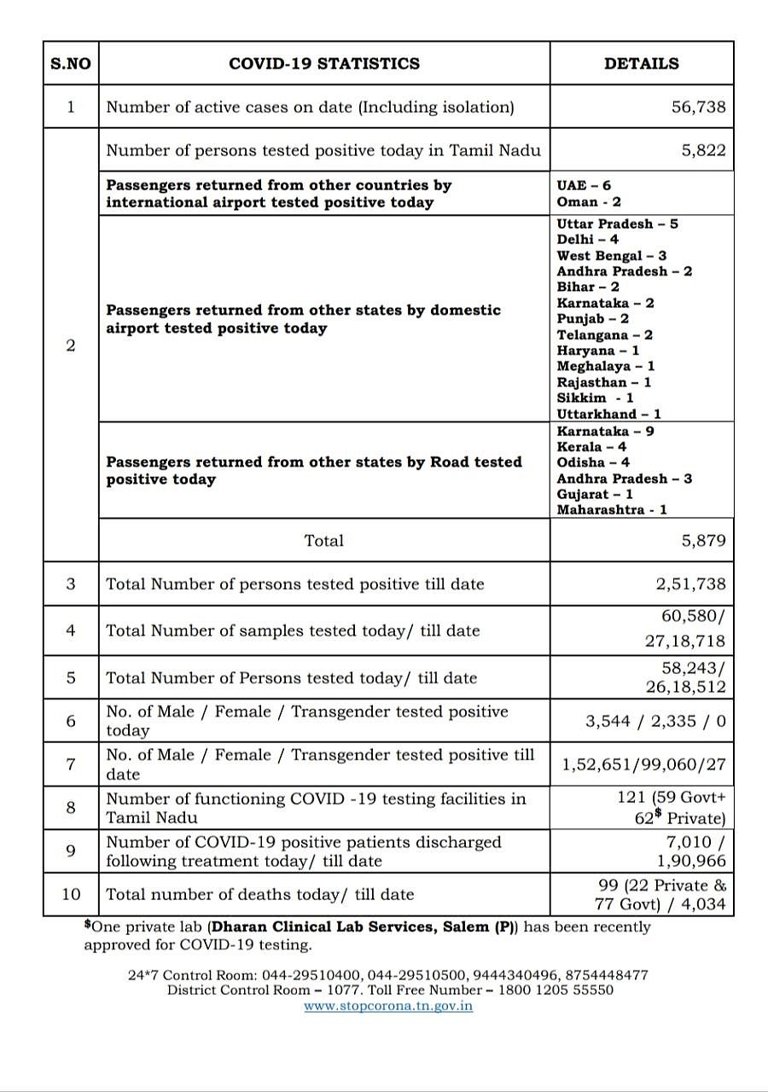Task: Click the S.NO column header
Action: pos(70,63)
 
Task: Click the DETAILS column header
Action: pos(642,63)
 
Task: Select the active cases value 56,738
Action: pos(698,107)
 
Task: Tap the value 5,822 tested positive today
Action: pos(703,150)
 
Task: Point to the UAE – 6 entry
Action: pos(584,185)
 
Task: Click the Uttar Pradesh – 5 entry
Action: pos(617,224)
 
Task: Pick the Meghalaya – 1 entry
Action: pos(606,366)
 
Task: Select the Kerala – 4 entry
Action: pos(591,446)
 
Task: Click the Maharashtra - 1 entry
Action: pos(612,509)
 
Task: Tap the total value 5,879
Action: pos(703,540)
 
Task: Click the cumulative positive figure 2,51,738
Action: pos(691,584)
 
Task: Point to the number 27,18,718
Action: pos(685,641)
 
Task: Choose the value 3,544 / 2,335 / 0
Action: pos(655,721)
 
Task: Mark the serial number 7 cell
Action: pos(70,764)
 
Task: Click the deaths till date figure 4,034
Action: pos(704,903)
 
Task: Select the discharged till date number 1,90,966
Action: pos(687,861)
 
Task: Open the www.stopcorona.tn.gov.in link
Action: pos(388,1006)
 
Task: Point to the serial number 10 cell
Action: pos(70,894)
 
